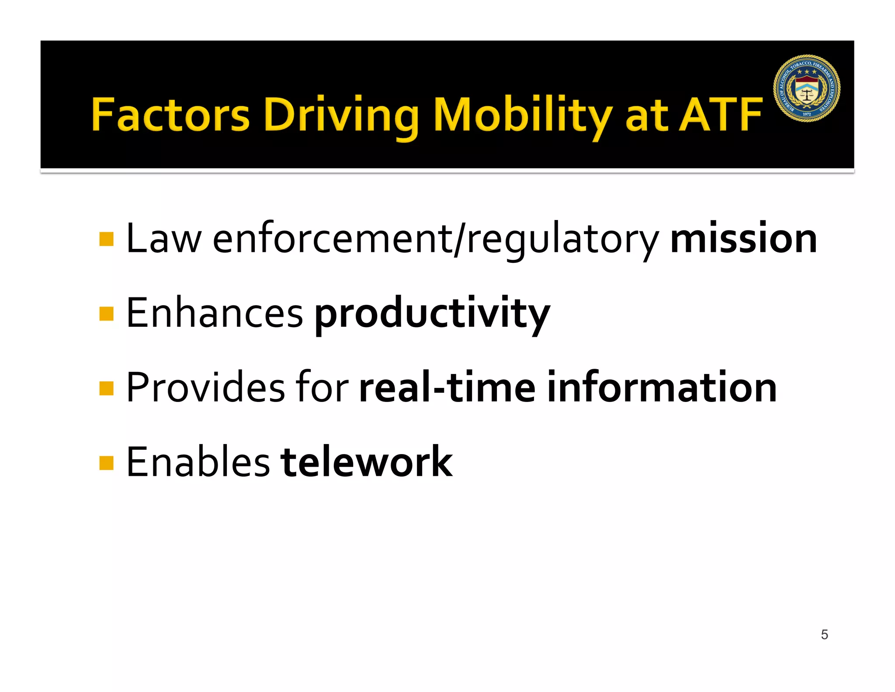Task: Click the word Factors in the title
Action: [x=170, y=115]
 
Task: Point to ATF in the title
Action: [x=720, y=115]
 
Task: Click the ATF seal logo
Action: [x=807, y=88]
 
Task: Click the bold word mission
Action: [x=743, y=238]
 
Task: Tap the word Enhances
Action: [x=215, y=313]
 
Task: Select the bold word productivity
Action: [x=432, y=313]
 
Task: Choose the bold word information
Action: [x=662, y=388]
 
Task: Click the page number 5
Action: [x=824, y=634]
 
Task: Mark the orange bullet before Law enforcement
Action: [x=107, y=239]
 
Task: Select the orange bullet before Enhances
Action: [x=107, y=314]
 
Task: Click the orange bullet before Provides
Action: [x=107, y=388]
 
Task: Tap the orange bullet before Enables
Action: [x=107, y=463]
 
